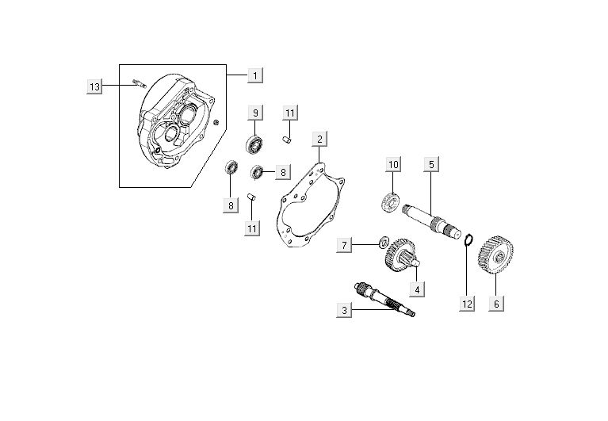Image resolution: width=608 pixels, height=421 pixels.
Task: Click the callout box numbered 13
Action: tap(95, 86)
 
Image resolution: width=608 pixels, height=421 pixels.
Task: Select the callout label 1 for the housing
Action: tap(255, 75)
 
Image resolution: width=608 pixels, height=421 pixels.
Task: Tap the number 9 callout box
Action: tap(255, 113)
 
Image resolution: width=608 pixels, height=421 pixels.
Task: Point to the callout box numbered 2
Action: tap(319, 140)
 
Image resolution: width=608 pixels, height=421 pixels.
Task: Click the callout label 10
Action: tap(394, 164)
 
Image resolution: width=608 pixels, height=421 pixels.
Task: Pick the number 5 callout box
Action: tap(430, 164)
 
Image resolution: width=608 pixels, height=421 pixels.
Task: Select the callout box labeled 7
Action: tap(345, 245)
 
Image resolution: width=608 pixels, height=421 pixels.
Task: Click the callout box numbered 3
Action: tap(344, 311)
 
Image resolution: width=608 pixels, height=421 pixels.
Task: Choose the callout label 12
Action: tap(466, 302)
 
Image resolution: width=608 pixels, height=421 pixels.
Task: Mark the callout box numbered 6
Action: tap(497, 302)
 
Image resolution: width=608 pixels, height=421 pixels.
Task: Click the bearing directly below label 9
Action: tap(255, 145)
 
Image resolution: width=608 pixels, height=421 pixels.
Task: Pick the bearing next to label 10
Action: tap(390, 201)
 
